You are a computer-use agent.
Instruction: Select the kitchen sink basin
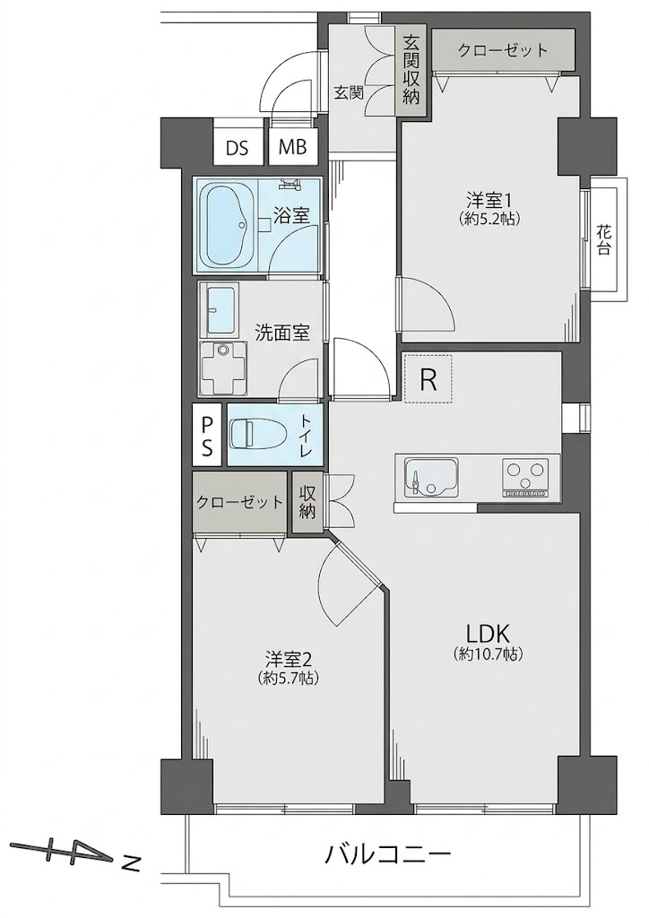point(431,476)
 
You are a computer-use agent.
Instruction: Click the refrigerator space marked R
point(428,379)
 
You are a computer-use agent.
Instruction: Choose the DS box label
point(237,148)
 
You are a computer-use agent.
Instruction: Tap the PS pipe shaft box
point(207,435)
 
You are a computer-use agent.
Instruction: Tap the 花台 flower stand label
point(604,240)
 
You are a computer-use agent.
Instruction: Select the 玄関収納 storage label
point(411,69)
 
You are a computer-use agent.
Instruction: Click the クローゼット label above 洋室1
point(502,50)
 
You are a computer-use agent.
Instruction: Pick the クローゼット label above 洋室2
point(239,502)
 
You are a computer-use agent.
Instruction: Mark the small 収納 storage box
point(307,502)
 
